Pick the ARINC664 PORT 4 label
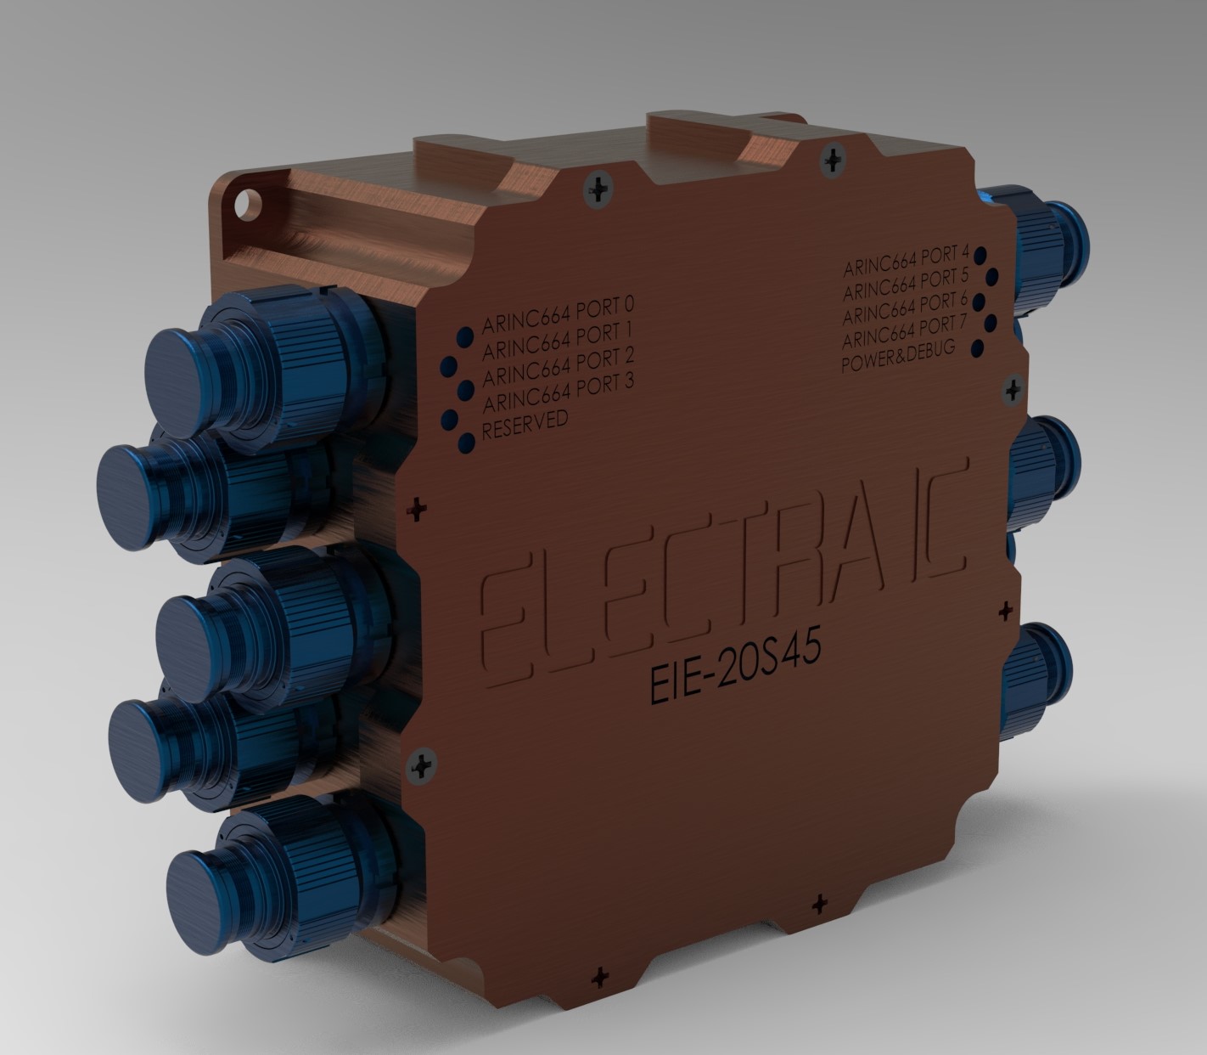906,262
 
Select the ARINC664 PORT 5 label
906,285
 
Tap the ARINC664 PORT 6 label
906,307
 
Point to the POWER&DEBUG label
898,356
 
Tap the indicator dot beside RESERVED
466,442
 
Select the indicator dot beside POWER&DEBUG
977,348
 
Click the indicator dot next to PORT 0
464,336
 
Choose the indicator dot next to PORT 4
980,254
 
